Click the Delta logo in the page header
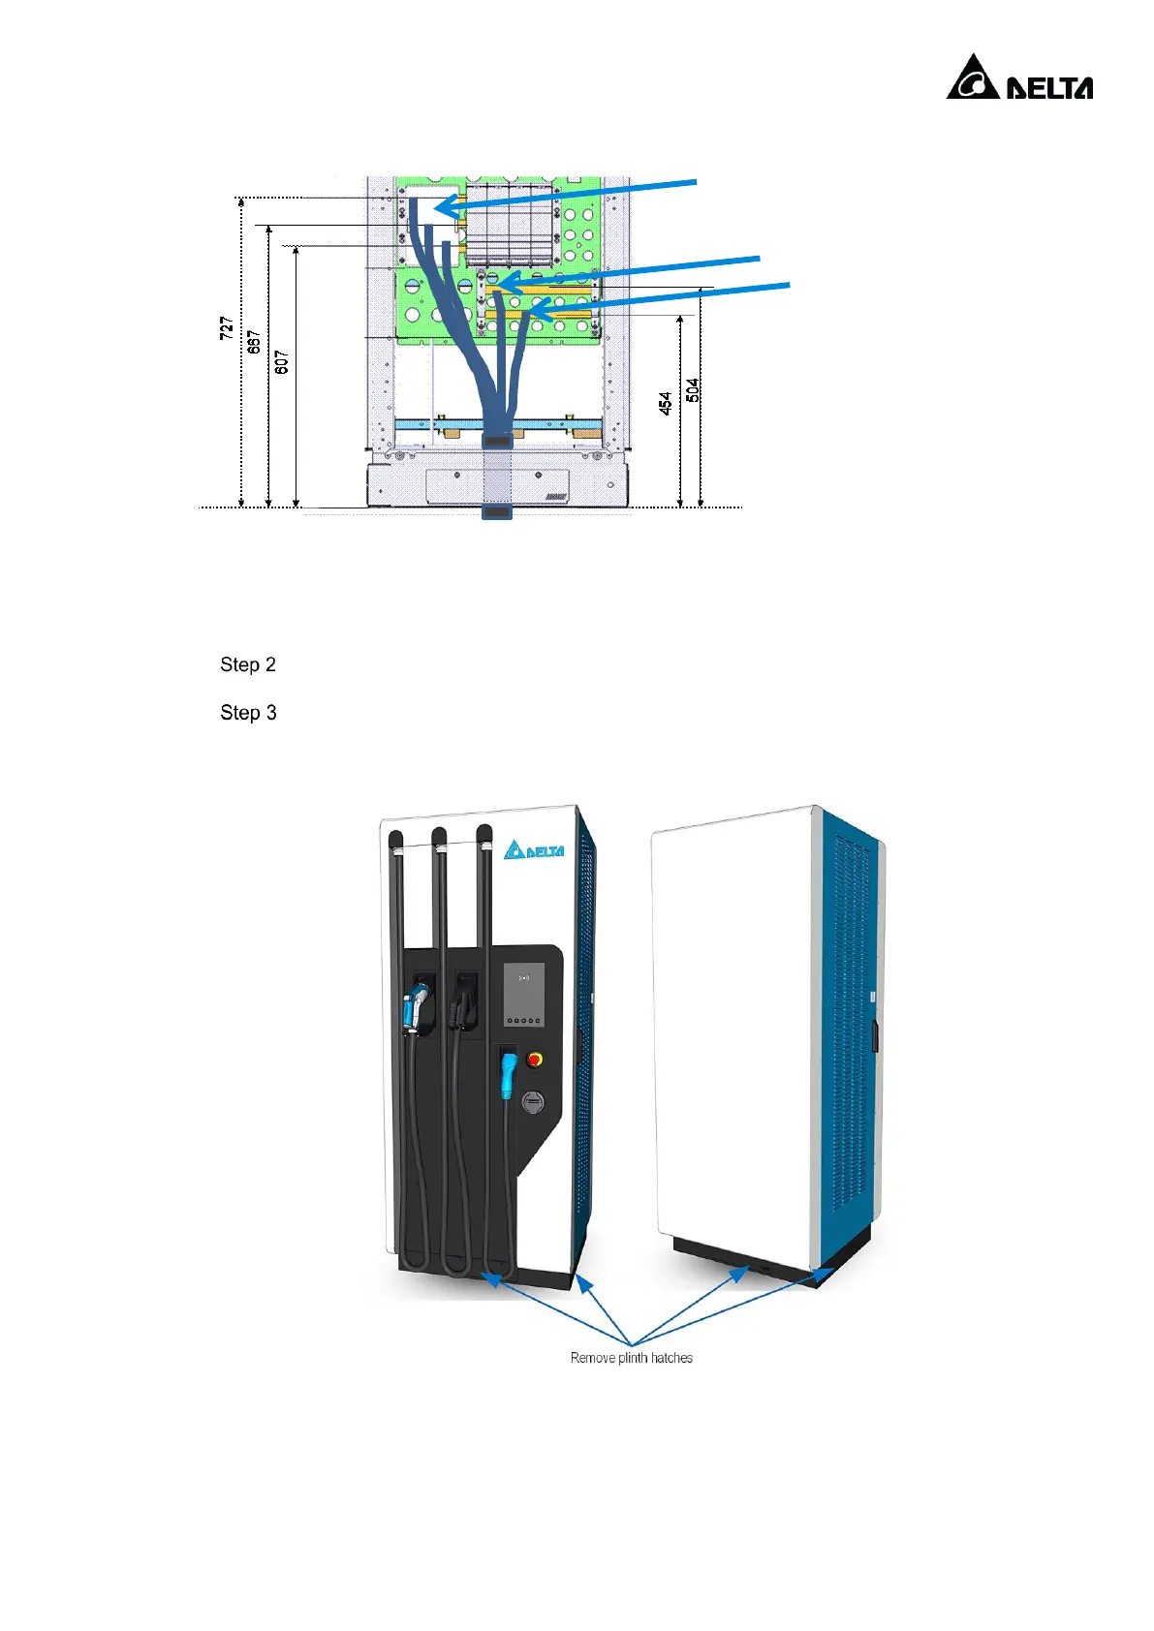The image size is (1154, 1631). [1019, 78]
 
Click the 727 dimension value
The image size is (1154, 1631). [226, 327]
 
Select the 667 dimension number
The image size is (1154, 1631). [254, 342]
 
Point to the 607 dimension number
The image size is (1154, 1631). [281, 362]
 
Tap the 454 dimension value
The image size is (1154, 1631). [666, 403]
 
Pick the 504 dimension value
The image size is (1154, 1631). [693, 389]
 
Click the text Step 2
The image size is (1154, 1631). [248, 664]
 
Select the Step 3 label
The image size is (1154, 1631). [248, 713]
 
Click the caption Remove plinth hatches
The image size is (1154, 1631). [631, 1358]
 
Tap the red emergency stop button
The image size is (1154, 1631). [534, 1060]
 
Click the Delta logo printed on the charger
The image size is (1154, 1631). [534, 849]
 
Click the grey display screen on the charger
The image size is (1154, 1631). [524, 995]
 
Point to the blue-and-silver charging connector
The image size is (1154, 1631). [417, 1007]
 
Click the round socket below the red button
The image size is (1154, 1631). [533, 1101]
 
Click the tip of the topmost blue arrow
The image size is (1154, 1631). [438, 208]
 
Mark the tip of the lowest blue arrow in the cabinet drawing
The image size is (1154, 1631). [532, 311]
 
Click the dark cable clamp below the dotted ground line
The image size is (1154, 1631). [496, 511]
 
